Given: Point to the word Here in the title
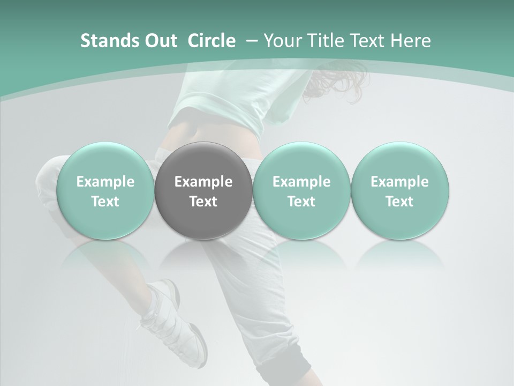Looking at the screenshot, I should [x=411, y=41].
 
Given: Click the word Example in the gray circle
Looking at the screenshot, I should [x=203, y=182].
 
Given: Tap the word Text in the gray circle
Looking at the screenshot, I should [x=203, y=202].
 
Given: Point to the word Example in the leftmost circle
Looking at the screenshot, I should [x=105, y=182].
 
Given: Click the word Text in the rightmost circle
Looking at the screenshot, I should [x=399, y=202].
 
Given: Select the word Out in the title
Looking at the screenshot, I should [x=160, y=41].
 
